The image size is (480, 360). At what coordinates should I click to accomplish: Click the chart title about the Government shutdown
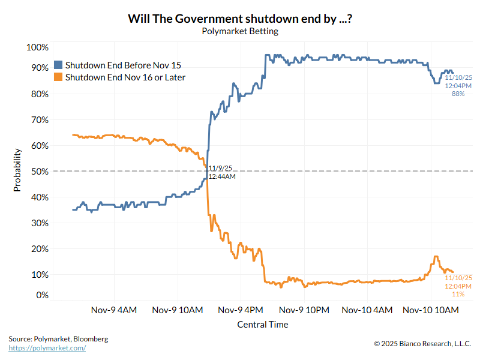click(x=240, y=19)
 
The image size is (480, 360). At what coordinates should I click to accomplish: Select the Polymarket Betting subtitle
click(x=240, y=31)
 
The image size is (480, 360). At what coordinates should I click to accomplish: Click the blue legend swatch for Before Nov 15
click(x=58, y=65)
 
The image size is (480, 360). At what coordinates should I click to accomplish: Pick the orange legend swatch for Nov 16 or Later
click(x=58, y=77)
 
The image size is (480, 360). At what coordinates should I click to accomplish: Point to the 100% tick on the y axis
click(x=37, y=47)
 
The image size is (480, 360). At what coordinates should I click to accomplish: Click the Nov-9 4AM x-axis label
click(x=114, y=310)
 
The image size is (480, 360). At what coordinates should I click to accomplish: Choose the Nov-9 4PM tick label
click(x=240, y=310)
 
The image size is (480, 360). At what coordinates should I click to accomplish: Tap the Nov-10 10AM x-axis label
click(x=430, y=310)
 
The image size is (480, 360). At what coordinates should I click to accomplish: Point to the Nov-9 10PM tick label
click(x=304, y=310)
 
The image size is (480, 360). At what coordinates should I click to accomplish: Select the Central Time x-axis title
click(x=262, y=325)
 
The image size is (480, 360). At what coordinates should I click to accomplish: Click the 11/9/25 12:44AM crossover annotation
click(x=222, y=172)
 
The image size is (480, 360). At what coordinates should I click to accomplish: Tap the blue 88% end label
click(x=458, y=94)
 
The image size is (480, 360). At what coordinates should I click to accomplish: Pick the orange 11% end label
click(x=458, y=294)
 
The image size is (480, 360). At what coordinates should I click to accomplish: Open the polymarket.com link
click(x=47, y=348)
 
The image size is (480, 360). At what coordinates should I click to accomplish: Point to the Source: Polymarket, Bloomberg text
click(x=58, y=339)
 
